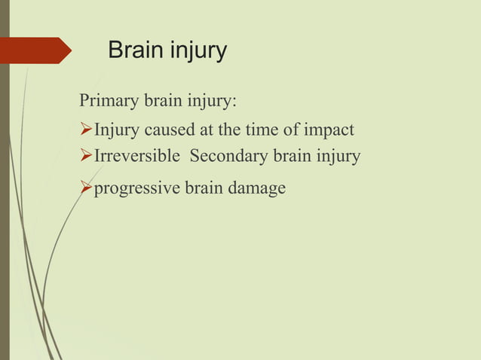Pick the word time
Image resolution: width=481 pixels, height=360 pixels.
[x=262, y=130]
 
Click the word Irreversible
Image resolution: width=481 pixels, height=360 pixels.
[x=136, y=156]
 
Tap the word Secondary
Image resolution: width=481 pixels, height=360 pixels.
[x=225, y=156]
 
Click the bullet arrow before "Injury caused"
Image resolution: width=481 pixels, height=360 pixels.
[x=85, y=130]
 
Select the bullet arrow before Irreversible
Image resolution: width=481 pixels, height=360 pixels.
[x=85, y=156]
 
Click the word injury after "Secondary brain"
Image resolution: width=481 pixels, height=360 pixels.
[x=340, y=157]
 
